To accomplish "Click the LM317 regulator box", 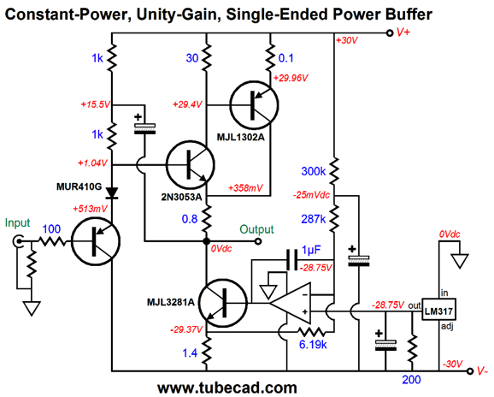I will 438,311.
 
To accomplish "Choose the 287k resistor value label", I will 310,218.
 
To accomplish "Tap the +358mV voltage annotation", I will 248,188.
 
